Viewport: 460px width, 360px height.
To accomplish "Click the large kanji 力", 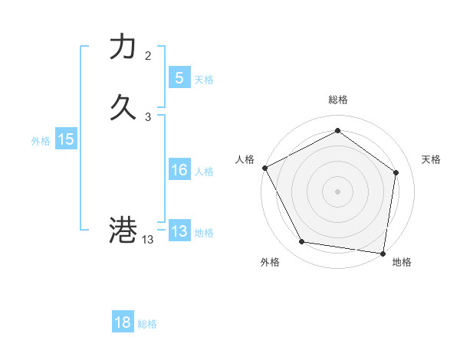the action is [123, 47].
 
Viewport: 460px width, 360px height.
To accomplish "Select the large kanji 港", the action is [123, 230].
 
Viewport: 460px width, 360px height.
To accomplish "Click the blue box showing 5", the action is [179, 78].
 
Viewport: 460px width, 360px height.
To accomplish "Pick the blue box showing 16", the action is [179, 170].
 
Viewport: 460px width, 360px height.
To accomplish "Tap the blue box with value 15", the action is [66, 139].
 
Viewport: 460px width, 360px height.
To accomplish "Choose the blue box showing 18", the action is [123, 322].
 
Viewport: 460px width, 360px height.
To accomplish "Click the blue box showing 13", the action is [179, 231].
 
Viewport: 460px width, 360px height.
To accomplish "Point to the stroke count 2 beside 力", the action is [148, 56].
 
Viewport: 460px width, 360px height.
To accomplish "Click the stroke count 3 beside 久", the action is [148, 116].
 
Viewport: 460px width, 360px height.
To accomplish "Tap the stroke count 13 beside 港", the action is [147, 240].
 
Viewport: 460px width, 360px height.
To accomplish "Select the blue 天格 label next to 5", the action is [204, 80].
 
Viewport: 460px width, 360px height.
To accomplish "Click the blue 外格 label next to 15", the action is [41, 141].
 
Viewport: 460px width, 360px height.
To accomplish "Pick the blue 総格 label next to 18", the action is [147, 324].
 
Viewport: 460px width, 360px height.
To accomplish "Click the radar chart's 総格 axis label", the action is [337, 100].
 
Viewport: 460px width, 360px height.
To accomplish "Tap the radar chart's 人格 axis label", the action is [245, 159].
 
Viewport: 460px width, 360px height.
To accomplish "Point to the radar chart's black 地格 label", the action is [402, 262].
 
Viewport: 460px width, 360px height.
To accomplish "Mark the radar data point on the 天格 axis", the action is [396, 172].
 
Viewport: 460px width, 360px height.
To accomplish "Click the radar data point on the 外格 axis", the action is [302, 242].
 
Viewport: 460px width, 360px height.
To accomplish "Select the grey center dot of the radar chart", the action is [337, 191].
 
